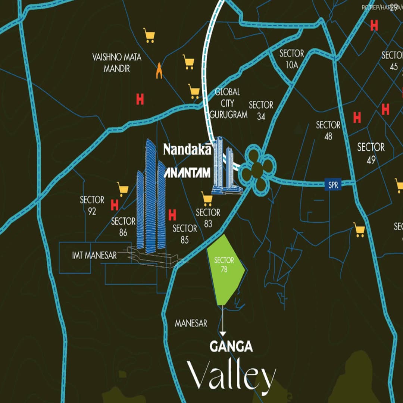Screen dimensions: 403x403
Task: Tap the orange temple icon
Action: [160, 71]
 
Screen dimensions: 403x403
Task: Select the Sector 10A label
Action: [291, 59]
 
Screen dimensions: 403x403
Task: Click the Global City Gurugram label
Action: [228, 103]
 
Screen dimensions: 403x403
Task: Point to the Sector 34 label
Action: [261, 110]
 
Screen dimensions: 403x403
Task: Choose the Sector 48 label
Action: [328, 130]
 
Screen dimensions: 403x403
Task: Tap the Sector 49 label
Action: [371, 153]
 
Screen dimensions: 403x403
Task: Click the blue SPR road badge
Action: [333, 185]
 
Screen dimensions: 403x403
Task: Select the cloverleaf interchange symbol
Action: [257, 171]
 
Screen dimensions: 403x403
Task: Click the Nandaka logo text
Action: [188, 150]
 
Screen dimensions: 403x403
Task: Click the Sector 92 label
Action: [92, 206]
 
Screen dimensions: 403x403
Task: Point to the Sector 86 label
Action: [123, 227]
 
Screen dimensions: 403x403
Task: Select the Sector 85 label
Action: [185, 234]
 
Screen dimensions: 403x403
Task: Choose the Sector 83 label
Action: [208, 218]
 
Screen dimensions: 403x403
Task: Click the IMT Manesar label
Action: [94, 256]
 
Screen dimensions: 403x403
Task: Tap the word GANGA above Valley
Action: [231, 347]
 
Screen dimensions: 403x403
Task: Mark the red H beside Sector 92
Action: [115, 205]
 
